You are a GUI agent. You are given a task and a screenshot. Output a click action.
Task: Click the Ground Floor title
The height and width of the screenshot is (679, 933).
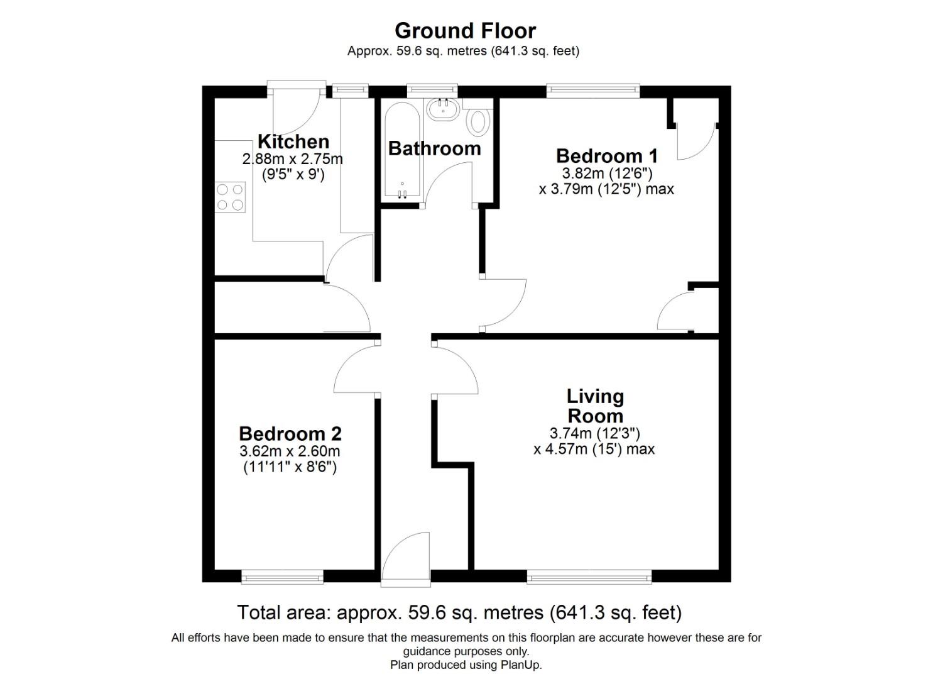coord(465,31)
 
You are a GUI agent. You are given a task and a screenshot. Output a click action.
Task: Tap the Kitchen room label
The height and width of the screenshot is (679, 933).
coord(293,141)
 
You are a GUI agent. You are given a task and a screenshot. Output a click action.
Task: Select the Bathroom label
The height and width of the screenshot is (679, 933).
coord(434,148)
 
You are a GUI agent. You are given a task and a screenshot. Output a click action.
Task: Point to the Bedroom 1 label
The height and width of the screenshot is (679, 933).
coord(606,156)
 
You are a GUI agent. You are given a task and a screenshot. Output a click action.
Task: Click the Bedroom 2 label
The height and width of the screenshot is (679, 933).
coord(290,434)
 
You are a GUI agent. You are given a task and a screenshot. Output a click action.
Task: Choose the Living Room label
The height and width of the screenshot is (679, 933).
coord(595,406)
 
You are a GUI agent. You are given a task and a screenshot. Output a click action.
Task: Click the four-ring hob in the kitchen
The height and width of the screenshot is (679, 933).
coord(230,197)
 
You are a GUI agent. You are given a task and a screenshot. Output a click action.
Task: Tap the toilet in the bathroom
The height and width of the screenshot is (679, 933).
coord(479,121)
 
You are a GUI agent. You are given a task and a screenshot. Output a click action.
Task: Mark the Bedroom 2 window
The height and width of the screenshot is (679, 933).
coord(282,576)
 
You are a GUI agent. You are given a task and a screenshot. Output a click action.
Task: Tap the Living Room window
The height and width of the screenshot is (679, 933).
coord(589,576)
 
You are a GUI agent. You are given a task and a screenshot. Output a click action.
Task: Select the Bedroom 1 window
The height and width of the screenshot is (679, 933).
coord(592,91)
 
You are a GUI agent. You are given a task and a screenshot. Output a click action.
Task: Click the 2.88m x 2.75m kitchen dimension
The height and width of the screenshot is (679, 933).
coord(293,159)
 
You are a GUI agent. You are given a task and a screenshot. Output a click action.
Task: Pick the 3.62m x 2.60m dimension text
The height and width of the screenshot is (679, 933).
coord(290,451)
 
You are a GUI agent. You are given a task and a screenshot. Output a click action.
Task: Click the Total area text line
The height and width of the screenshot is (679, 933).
coord(459,612)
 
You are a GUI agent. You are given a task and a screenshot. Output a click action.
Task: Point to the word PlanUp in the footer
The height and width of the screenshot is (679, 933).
coord(520,665)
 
